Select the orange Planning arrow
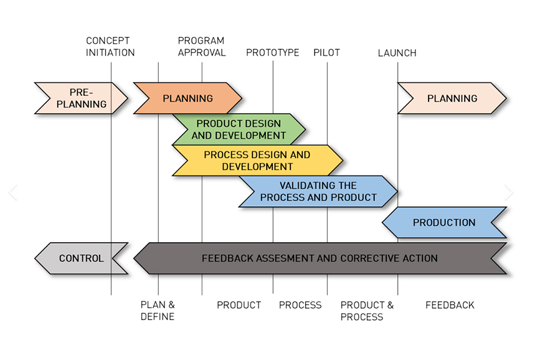[187, 98]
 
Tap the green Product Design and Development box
[239, 130]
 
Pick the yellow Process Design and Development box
[257, 161]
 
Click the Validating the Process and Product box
[318, 191]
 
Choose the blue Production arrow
[443, 222]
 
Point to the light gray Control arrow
[81, 258]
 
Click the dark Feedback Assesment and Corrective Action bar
[320, 258]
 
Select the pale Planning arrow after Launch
[452, 98]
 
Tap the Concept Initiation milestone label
[110, 47]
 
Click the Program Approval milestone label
[202, 47]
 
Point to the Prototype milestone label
[272, 53]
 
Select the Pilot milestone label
[326, 53]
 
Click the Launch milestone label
[397, 53]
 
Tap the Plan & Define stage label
[158, 311]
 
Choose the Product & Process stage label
[367, 311]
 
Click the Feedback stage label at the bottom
[450, 305]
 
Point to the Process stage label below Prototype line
[300, 305]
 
